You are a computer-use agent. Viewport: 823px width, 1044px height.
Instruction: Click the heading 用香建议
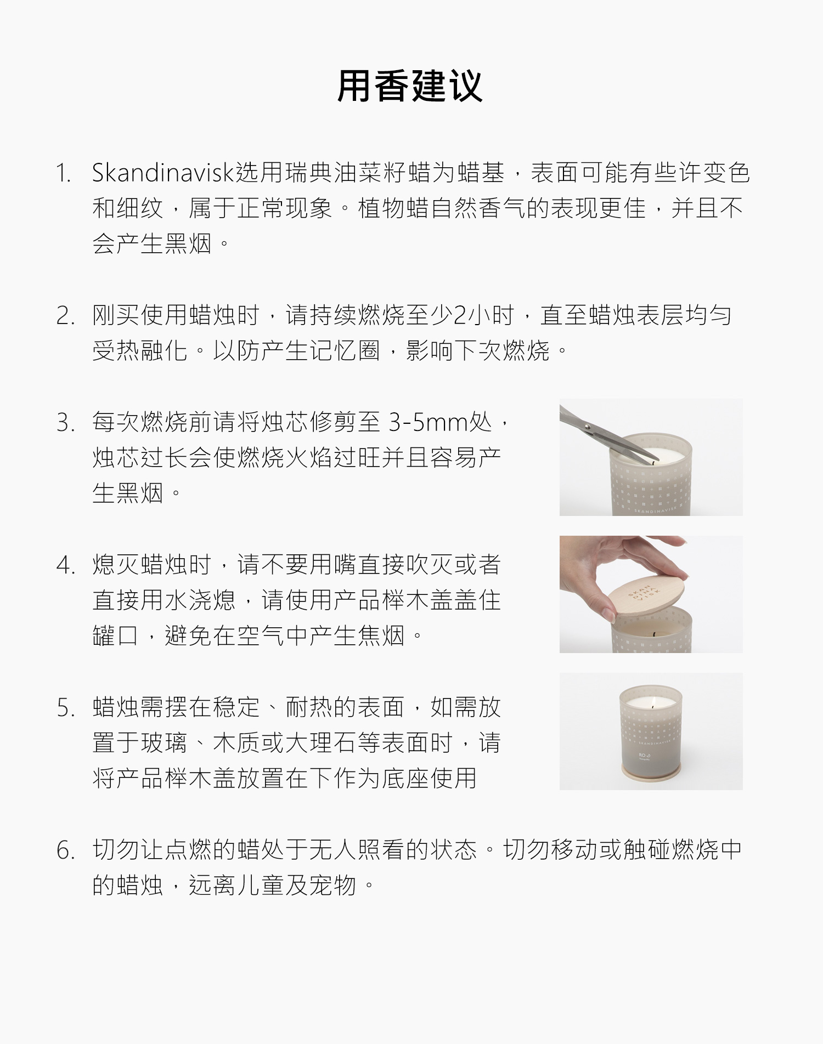point(410,86)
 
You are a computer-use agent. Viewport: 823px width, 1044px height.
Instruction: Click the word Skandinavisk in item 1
point(164,173)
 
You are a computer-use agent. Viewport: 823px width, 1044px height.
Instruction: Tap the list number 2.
point(65,316)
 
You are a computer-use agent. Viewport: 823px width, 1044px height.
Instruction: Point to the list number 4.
point(65,566)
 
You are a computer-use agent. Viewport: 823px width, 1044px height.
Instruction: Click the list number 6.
point(65,851)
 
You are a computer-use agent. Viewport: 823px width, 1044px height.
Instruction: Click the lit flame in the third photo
point(651,703)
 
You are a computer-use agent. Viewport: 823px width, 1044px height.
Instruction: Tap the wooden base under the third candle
point(651,769)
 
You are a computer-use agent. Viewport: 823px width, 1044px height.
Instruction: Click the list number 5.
point(65,708)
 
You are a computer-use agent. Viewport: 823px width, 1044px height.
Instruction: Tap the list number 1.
point(64,174)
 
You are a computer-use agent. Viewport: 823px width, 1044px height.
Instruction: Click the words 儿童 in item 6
point(261,886)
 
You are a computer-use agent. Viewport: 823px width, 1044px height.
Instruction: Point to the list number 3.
point(65,423)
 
